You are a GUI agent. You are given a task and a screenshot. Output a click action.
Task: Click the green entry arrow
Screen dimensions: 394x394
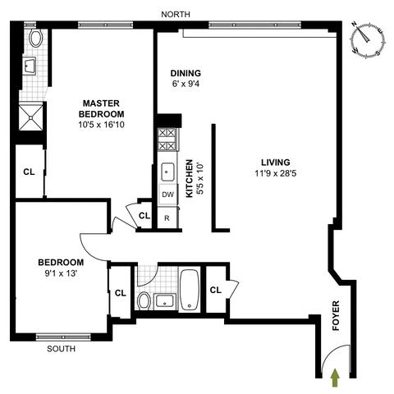click(336, 378)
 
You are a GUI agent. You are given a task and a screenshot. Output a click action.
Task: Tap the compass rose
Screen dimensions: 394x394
click(369, 40)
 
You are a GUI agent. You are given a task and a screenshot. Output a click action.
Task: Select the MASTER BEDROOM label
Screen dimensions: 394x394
click(101, 108)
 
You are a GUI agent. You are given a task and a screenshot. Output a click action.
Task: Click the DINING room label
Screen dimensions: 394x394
click(186, 73)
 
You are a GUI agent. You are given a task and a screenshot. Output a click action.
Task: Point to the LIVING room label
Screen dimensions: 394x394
click(276, 163)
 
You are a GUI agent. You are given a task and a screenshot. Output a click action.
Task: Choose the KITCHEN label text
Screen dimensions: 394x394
click(190, 178)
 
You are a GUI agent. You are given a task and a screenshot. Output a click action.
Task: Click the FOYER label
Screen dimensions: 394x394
click(336, 315)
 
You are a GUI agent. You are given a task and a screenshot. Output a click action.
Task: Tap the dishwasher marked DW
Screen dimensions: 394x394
click(167, 195)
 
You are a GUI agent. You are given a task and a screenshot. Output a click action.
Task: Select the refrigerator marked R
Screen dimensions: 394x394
click(167, 218)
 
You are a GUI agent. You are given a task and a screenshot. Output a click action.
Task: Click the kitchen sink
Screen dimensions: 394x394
click(167, 172)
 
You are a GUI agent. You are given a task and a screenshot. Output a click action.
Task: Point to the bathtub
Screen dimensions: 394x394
click(190, 289)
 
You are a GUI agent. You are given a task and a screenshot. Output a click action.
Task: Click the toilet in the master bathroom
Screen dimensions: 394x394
click(35, 38)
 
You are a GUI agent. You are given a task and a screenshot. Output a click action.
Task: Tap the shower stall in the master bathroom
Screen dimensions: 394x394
click(30, 117)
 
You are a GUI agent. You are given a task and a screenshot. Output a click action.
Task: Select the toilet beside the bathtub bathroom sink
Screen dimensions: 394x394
click(144, 300)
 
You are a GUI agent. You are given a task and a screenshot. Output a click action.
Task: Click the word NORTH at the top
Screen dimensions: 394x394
click(176, 15)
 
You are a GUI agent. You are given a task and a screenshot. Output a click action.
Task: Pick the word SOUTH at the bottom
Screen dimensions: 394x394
click(61, 349)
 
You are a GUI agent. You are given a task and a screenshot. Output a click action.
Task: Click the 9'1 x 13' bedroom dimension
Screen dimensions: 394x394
click(61, 273)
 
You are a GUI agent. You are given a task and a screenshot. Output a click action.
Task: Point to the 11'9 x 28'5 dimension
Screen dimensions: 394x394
click(276, 173)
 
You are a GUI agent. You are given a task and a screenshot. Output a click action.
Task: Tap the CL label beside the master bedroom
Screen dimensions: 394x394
click(29, 172)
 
